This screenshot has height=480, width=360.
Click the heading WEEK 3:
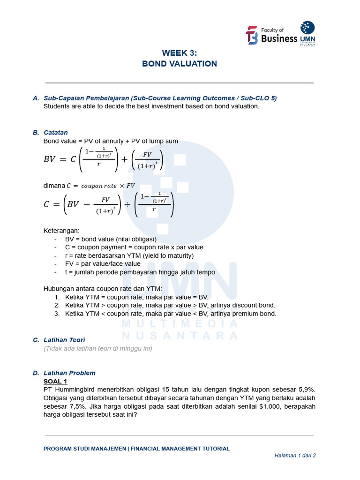click(180, 53)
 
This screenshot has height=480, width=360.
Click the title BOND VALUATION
click(180, 64)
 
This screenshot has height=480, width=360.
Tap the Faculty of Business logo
click(271, 35)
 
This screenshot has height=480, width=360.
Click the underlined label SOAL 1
click(55, 381)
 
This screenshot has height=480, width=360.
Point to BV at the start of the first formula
click(50, 159)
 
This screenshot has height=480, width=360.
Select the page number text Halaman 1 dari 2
click(295, 456)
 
